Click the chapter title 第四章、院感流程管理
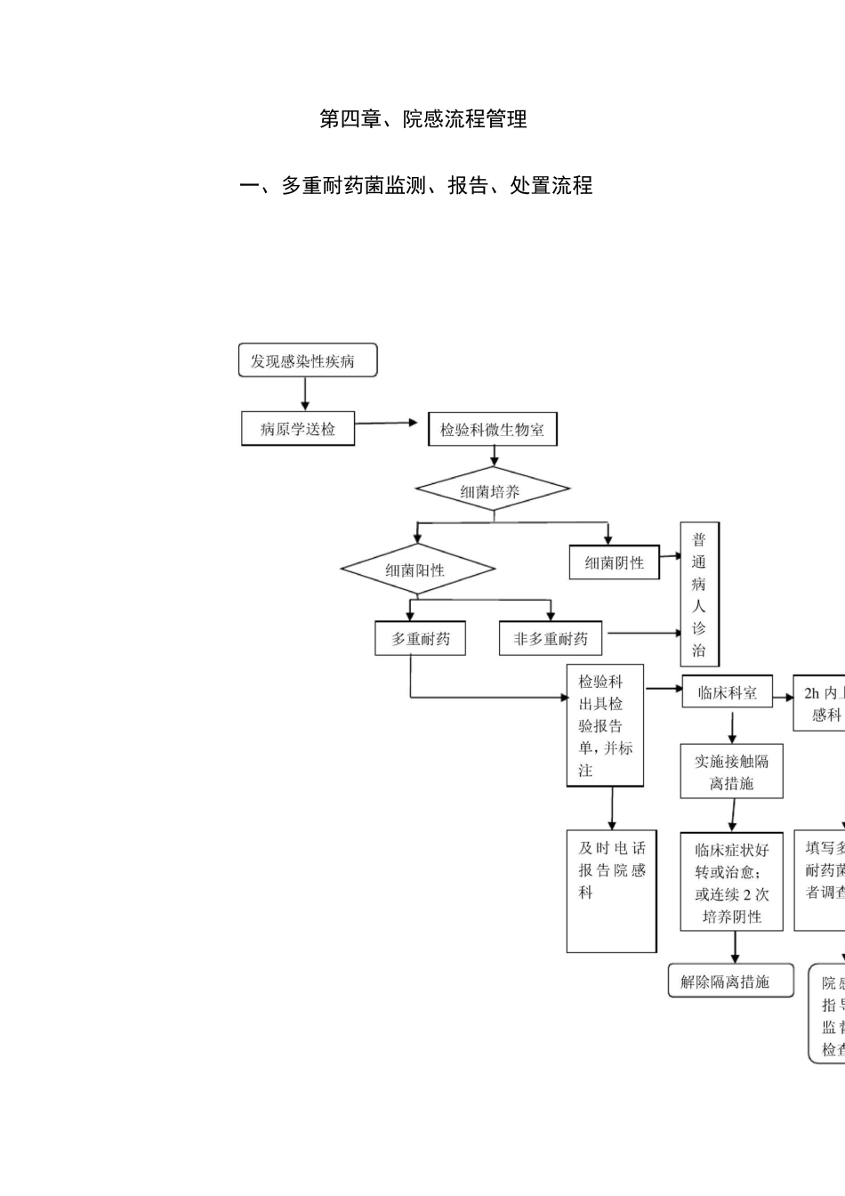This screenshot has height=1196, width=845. [x=422, y=119]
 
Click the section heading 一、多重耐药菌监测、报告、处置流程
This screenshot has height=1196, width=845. [x=416, y=186]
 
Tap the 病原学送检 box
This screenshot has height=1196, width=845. [x=298, y=429]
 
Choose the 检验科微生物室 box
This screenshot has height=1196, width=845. [x=492, y=430]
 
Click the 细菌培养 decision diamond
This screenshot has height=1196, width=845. [x=492, y=490]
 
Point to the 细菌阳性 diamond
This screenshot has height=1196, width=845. [x=417, y=570]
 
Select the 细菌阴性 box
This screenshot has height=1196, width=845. [x=615, y=562]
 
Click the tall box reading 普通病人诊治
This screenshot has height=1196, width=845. [x=699, y=594]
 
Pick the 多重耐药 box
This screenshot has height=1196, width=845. [x=421, y=639]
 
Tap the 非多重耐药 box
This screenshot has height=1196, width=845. [x=551, y=639]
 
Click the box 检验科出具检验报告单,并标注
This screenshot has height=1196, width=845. [x=605, y=725]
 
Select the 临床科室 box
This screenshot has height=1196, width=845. [x=728, y=692]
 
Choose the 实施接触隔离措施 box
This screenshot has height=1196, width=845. [x=732, y=772]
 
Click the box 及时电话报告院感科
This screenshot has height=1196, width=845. [x=611, y=891]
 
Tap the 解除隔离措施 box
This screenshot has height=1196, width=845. [x=730, y=982]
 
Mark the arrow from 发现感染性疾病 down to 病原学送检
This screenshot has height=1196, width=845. [x=305, y=393]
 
